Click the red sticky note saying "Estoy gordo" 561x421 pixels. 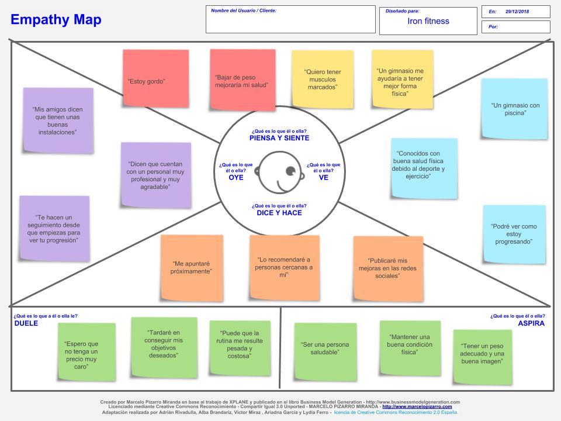tap(155, 81)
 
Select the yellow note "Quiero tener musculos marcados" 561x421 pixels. tap(323, 80)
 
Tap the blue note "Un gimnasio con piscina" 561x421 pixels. tap(514, 109)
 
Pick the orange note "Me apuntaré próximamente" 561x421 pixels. tap(192, 267)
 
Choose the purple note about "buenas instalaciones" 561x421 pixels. tap(58, 120)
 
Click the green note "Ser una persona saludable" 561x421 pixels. tap(325, 348)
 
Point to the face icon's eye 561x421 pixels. tap(290, 171)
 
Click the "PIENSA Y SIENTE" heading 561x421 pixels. tap(279, 138)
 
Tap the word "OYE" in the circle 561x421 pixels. tap(236, 177)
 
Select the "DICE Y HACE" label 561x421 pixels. tap(279, 213)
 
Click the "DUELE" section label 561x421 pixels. tap(26, 323)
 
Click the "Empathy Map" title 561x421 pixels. tap(56, 20)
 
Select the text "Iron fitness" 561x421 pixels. tap(428, 21)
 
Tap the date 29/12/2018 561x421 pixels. tap(517, 12)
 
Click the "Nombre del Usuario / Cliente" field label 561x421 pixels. tap(244, 11)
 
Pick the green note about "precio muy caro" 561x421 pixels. tap(81, 355)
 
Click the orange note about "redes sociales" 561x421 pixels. tap(387, 268)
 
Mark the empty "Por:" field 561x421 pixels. tap(520, 27)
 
